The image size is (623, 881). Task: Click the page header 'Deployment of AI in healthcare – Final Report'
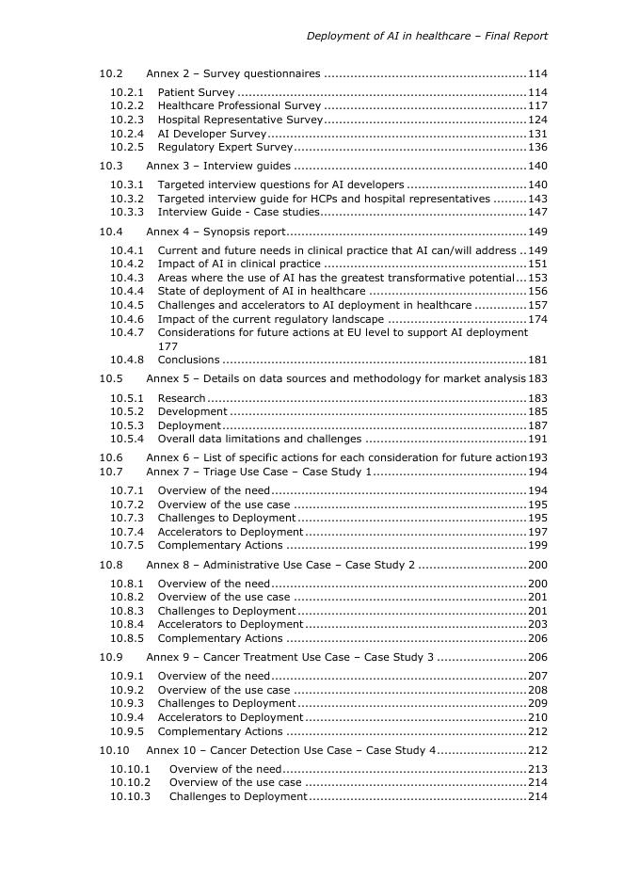pyautogui.click(x=426, y=36)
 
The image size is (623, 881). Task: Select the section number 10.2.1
pyautogui.click(x=127, y=93)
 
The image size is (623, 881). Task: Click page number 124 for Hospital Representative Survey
pyautogui.click(x=537, y=120)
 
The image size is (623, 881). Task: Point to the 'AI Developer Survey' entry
pyautogui.click(x=212, y=135)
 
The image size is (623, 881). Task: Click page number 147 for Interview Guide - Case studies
pyautogui.click(x=537, y=213)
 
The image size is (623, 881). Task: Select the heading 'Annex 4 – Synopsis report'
pyautogui.click(x=216, y=232)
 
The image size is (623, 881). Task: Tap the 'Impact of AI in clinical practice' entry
pyautogui.click(x=239, y=264)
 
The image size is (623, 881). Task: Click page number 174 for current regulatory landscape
pyautogui.click(x=537, y=319)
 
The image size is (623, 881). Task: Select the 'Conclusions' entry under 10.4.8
pyautogui.click(x=188, y=360)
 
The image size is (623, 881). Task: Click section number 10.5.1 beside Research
pyautogui.click(x=127, y=398)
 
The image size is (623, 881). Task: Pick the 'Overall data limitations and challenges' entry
pyautogui.click(x=259, y=439)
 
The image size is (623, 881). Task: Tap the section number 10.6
pyautogui.click(x=111, y=457)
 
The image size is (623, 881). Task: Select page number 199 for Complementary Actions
pyautogui.click(x=537, y=546)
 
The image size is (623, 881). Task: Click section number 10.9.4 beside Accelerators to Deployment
pyautogui.click(x=127, y=718)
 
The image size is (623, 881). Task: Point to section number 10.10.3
pyautogui.click(x=130, y=797)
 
